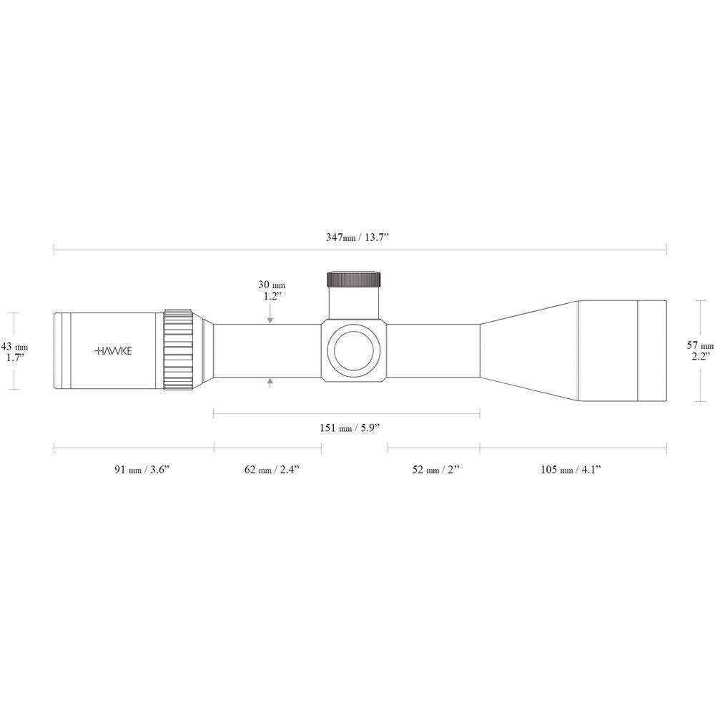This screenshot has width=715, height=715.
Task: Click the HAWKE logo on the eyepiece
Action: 113,350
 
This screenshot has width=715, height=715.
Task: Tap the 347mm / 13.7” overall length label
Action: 357,237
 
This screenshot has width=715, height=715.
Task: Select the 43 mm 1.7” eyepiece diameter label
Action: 14,352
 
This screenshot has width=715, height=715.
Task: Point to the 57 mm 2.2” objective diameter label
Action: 700,350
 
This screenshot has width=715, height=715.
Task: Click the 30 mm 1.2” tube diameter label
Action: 272,290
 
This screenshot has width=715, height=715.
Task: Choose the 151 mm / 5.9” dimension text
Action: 350,428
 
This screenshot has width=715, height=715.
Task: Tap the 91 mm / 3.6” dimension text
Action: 142,469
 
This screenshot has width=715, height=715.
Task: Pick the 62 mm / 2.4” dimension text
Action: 272,469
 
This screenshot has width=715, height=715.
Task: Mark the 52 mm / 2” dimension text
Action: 435,469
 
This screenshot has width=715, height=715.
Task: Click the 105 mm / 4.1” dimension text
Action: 571,469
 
